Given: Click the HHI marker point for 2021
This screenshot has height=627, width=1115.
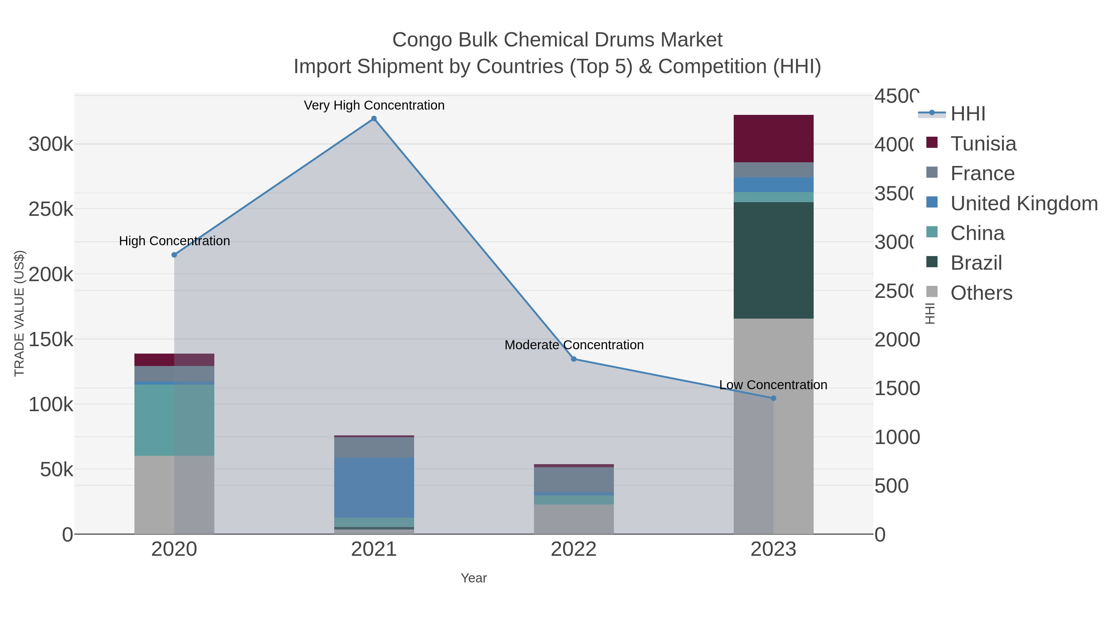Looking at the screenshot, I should (x=374, y=119).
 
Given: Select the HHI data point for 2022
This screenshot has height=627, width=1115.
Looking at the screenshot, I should (x=574, y=359).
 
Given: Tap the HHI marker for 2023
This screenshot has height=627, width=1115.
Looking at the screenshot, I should (x=773, y=398).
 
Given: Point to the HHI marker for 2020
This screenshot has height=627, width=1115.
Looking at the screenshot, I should (x=174, y=255).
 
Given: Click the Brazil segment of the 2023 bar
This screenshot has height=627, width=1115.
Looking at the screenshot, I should (x=773, y=260).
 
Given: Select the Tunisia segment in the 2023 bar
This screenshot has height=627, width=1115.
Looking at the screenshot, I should (x=773, y=138).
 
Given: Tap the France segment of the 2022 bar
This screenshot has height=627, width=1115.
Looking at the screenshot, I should (x=574, y=479).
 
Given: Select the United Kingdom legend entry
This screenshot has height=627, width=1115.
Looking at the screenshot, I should (x=1024, y=203).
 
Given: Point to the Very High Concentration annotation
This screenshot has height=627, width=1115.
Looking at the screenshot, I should (x=374, y=105).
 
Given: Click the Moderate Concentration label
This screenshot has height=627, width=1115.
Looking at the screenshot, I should (x=574, y=345).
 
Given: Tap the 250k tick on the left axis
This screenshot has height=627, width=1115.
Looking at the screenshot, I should (x=51, y=209).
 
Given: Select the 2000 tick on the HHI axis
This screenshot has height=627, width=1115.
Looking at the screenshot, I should (x=897, y=340).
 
